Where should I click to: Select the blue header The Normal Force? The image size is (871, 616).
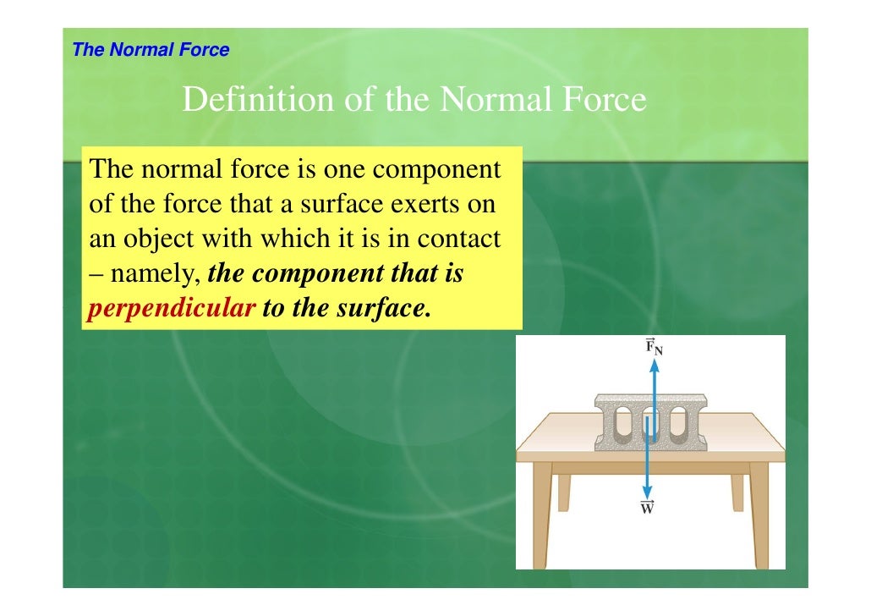(151, 50)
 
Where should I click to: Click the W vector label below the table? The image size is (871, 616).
(647, 508)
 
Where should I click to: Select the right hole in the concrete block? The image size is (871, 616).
(678, 426)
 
